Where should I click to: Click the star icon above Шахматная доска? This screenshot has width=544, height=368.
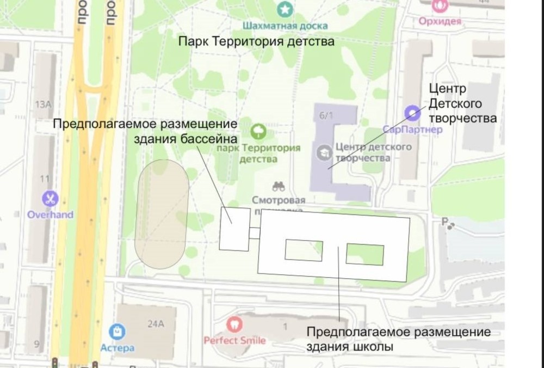285,9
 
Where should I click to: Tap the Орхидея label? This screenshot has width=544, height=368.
440,21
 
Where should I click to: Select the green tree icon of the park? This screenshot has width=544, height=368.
258,131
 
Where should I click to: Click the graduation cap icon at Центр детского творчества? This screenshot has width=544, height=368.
325,152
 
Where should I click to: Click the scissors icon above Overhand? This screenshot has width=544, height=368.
51,199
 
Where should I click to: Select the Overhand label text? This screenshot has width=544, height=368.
50,214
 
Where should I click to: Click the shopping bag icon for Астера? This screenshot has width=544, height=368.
117,331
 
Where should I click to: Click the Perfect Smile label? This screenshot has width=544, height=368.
234,340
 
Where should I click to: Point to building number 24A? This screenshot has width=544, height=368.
156,324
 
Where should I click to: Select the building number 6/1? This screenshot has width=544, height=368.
326,114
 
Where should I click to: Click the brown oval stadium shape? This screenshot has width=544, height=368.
162,214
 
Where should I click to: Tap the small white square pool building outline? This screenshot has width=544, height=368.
234,229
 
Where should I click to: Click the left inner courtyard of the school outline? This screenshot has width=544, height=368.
304,250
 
